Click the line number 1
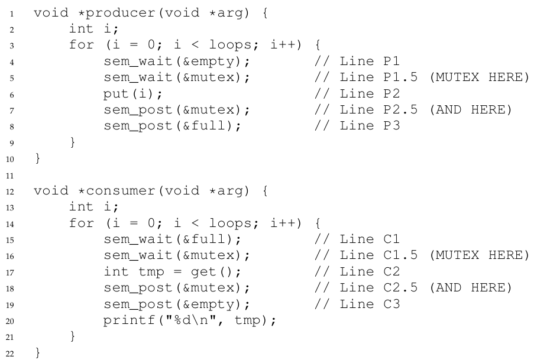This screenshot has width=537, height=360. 17,13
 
